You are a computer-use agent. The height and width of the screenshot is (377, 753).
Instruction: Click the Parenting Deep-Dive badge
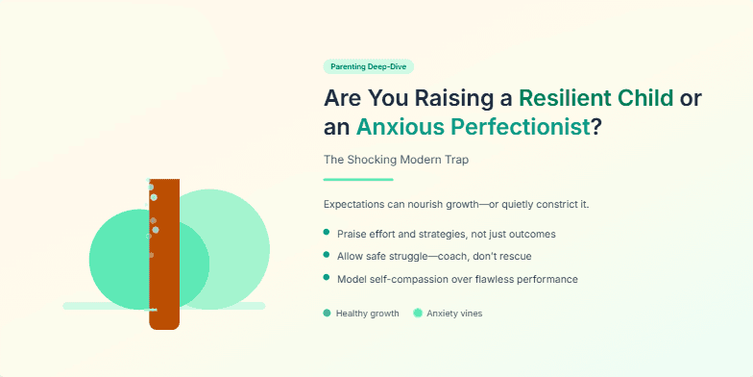point(369,66)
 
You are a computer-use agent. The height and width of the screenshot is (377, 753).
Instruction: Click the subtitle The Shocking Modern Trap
point(397,159)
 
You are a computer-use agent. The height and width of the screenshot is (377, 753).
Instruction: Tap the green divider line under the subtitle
point(358,179)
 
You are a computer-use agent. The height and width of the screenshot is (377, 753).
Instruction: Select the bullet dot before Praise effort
point(327,233)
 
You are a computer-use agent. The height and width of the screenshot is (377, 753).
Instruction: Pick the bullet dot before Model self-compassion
point(327,278)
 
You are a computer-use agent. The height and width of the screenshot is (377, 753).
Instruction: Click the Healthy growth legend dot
point(328,313)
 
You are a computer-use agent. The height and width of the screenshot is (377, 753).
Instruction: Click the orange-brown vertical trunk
point(164,289)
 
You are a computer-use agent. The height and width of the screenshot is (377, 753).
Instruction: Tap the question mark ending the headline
point(595,126)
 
